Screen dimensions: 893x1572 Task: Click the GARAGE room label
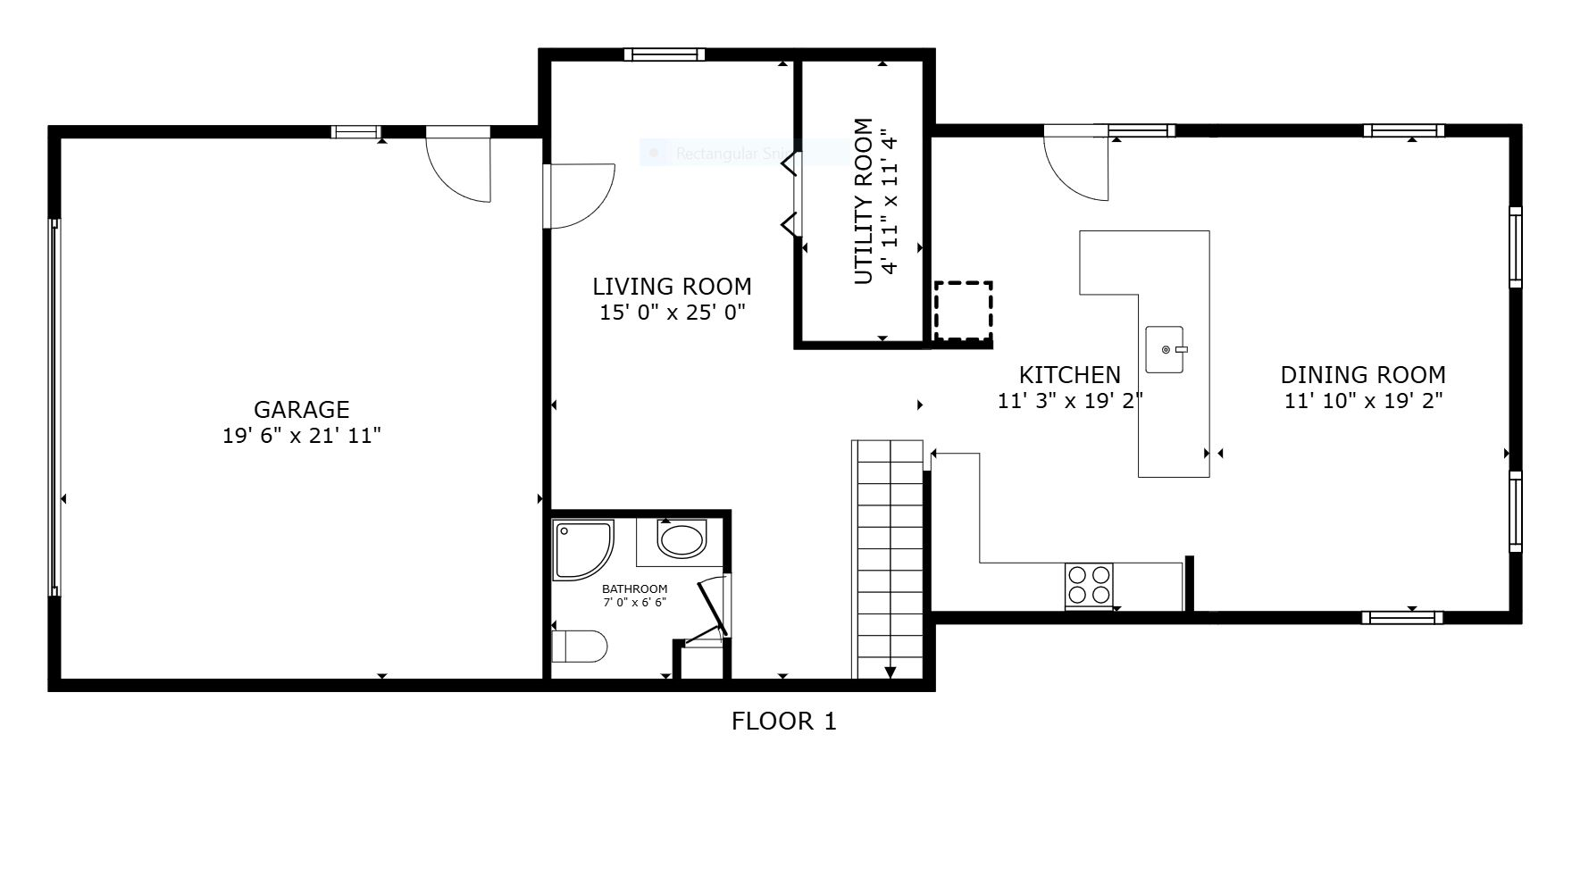click(301, 410)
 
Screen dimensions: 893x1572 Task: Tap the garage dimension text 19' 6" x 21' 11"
click(301, 436)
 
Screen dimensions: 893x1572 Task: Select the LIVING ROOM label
click(672, 287)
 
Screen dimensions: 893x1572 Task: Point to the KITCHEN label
click(1069, 375)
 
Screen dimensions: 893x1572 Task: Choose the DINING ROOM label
click(1362, 375)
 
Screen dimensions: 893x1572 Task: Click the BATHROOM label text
click(634, 589)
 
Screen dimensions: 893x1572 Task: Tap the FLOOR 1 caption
click(783, 722)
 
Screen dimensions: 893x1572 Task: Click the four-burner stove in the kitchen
click(1089, 585)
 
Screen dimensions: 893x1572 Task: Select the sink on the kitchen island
click(1166, 350)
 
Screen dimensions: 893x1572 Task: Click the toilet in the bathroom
click(580, 646)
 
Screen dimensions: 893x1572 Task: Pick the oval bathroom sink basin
click(681, 539)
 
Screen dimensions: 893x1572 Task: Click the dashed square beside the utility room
click(963, 311)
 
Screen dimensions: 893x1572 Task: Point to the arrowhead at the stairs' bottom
click(891, 672)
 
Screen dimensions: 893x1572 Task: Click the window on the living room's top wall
click(664, 54)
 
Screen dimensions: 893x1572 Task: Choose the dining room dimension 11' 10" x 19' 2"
click(1362, 401)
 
